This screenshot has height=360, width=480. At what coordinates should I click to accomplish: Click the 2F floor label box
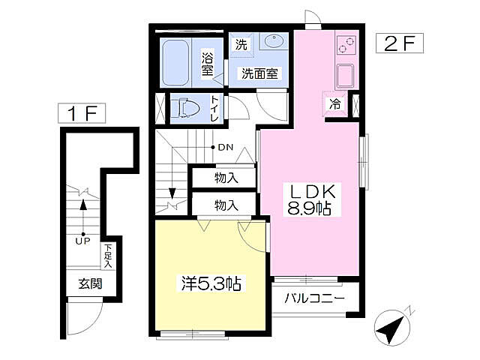click(399, 43)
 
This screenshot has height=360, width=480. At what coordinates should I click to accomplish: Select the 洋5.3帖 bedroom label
click(210, 283)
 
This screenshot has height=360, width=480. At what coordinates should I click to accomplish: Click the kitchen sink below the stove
click(346, 76)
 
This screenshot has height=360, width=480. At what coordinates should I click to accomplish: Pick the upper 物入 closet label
click(226, 178)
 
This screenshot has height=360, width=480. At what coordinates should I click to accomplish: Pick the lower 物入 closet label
click(226, 204)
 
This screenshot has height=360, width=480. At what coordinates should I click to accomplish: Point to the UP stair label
click(82, 241)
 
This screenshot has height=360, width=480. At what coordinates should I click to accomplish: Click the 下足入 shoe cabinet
click(109, 256)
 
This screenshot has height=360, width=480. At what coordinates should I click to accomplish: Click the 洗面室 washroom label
click(259, 73)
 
